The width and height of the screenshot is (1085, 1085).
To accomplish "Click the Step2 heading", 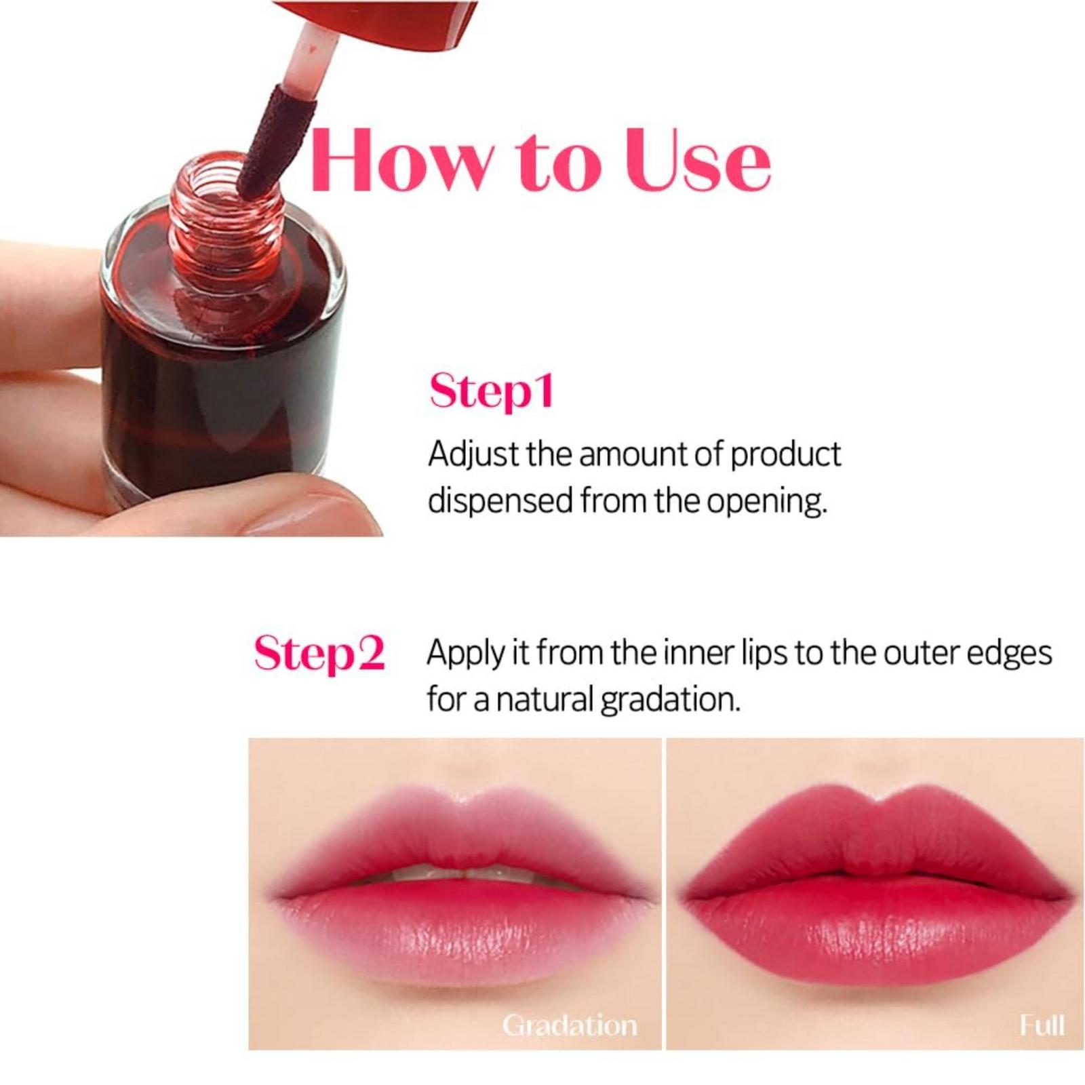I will point(319,654).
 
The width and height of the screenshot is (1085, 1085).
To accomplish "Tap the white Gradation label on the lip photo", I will point(570,1025).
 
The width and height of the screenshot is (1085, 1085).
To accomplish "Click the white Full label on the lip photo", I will point(1042,1025).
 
